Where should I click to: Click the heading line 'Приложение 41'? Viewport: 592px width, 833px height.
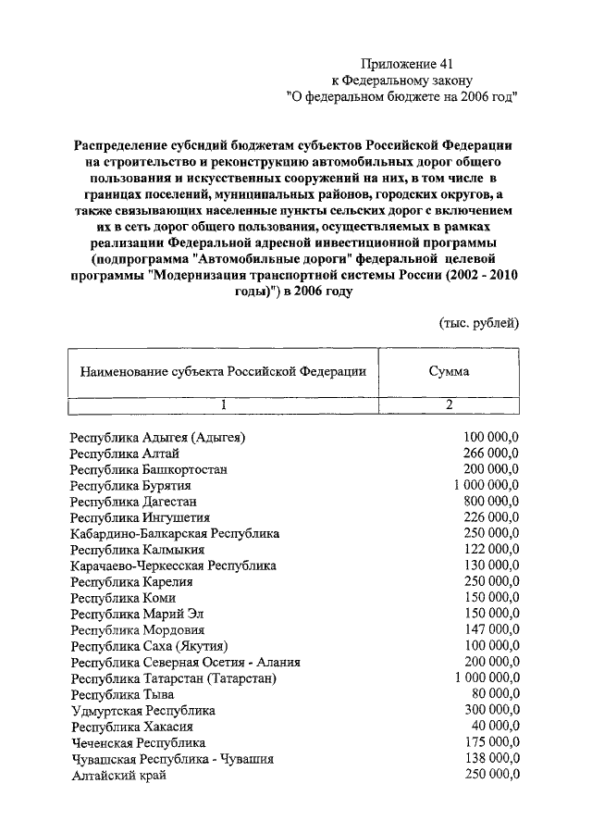click(x=407, y=64)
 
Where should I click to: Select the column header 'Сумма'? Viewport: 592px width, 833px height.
click(x=449, y=372)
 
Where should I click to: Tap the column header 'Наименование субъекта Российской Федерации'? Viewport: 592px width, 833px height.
click(x=223, y=372)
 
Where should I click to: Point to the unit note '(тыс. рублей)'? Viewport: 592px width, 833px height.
click(x=478, y=322)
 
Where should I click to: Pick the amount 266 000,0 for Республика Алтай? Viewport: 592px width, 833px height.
click(x=491, y=454)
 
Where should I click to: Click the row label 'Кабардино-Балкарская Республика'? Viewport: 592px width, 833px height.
click(x=176, y=534)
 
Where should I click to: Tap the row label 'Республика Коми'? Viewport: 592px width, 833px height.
click(x=123, y=598)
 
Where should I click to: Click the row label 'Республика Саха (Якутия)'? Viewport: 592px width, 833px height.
click(x=150, y=646)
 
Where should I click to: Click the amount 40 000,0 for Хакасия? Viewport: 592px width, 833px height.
click(x=496, y=727)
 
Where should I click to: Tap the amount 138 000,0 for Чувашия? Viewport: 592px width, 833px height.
click(x=491, y=758)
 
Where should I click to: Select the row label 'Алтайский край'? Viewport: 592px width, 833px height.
click(x=118, y=775)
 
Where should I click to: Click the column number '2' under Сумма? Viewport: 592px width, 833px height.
click(x=449, y=404)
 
